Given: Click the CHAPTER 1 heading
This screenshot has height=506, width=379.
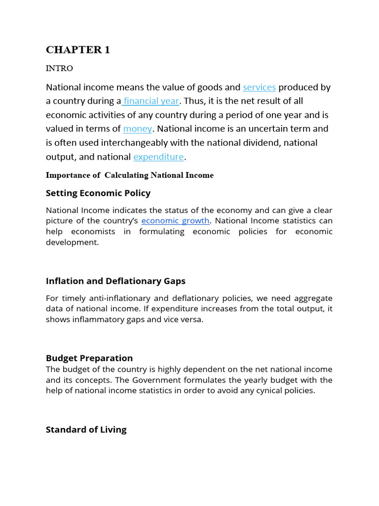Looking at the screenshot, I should [x=78, y=50].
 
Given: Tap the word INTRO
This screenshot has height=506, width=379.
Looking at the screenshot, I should [x=59, y=68].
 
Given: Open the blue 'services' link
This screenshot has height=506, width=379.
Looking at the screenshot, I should [x=259, y=87].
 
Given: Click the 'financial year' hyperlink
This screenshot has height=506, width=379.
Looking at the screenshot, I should [x=152, y=101].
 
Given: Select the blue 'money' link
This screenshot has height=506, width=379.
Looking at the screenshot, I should [x=138, y=129].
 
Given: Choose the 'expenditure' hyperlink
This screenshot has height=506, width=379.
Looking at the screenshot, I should [x=158, y=157].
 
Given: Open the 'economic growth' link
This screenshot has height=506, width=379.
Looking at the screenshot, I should [x=176, y=220].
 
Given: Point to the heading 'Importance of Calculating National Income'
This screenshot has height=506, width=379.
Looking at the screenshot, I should [x=130, y=175].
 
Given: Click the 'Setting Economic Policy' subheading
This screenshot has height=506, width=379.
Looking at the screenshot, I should [x=98, y=193].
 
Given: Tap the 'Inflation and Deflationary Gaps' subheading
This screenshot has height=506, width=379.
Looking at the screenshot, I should [x=115, y=281].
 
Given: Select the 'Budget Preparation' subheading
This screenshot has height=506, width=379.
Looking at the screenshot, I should [x=89, y=358].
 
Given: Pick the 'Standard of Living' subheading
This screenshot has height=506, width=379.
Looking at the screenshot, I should [x=86, y=430].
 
